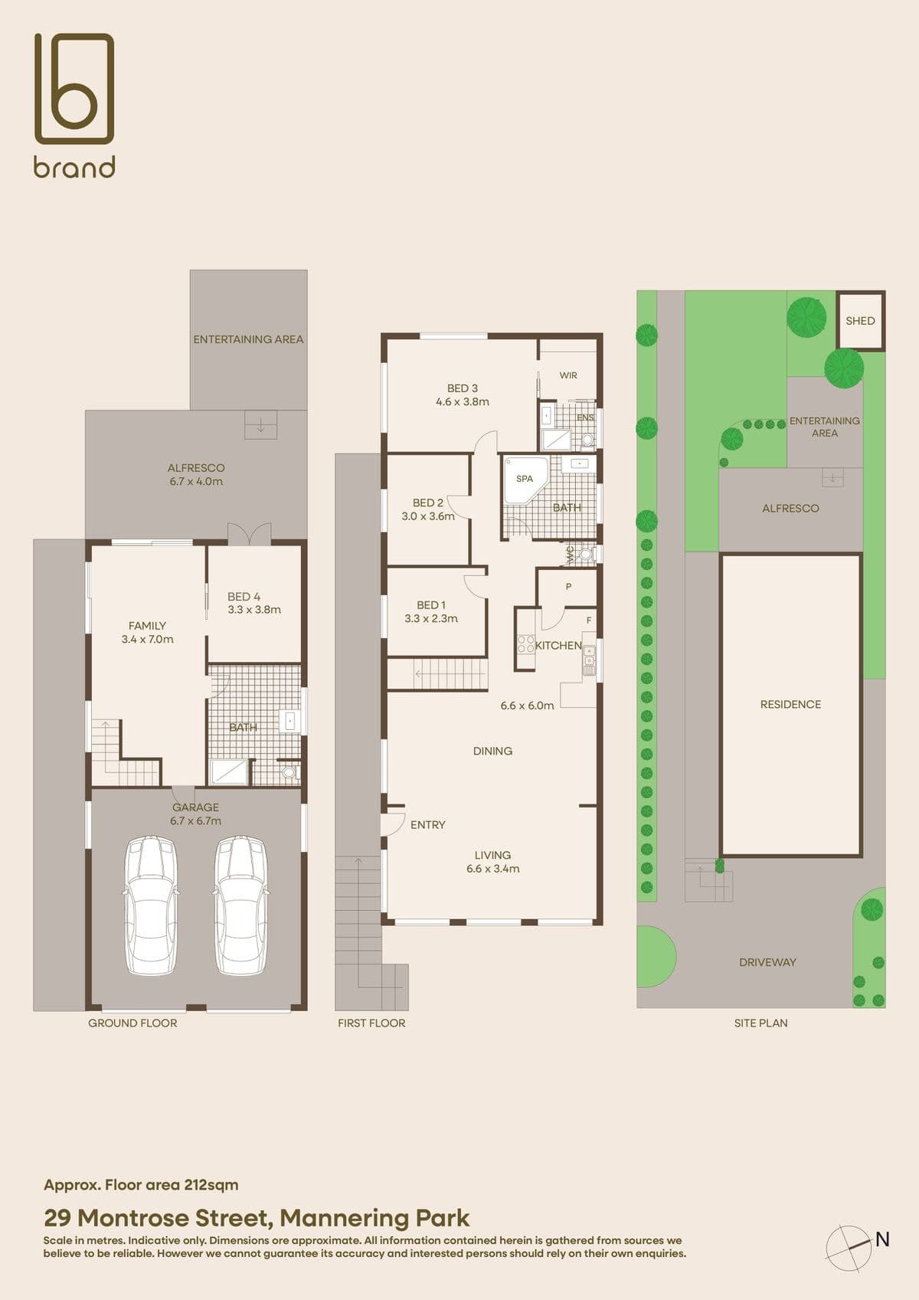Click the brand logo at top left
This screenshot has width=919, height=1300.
74,105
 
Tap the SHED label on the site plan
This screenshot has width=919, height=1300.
860,321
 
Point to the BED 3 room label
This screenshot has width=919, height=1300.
463,388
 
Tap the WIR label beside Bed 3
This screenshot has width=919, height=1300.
568,375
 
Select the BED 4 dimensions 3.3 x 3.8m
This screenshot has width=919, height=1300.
254,610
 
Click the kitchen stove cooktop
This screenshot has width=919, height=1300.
525,645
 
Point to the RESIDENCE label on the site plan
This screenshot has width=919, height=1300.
790,705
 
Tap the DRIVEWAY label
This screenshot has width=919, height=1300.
767,962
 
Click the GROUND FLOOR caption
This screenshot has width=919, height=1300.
132,1023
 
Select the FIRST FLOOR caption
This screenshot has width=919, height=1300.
371,1023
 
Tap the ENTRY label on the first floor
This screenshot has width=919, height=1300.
427,825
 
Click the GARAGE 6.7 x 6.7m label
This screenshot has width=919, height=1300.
195,814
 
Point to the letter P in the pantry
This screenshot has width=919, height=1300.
568,587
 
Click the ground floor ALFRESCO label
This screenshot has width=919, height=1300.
196,468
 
